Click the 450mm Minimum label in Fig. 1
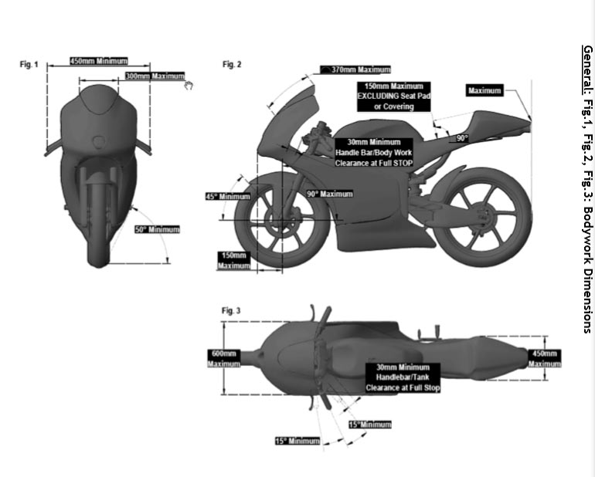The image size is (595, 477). click(99, 61)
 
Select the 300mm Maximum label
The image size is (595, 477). click(155, 76)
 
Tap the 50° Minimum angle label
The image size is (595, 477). click(158, 229)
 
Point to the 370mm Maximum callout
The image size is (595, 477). click(355, 69)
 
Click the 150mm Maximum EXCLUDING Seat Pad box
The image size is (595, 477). click(394, 96)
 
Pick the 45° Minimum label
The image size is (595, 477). click(228, 196)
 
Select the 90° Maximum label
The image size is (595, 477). click(330, 195)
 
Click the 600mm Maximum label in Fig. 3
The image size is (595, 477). click(224, 359)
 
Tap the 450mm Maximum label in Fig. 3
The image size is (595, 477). click(545, 359)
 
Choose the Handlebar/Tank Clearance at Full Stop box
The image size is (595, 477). click(403, 377)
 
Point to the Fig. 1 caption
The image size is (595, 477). click(29, 65)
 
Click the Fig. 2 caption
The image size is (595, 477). click(232, 65)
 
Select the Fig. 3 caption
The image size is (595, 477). click(231, 311)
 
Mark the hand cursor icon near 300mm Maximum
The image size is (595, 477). click(189, 86)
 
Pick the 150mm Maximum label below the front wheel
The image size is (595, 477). click(233, 260)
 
